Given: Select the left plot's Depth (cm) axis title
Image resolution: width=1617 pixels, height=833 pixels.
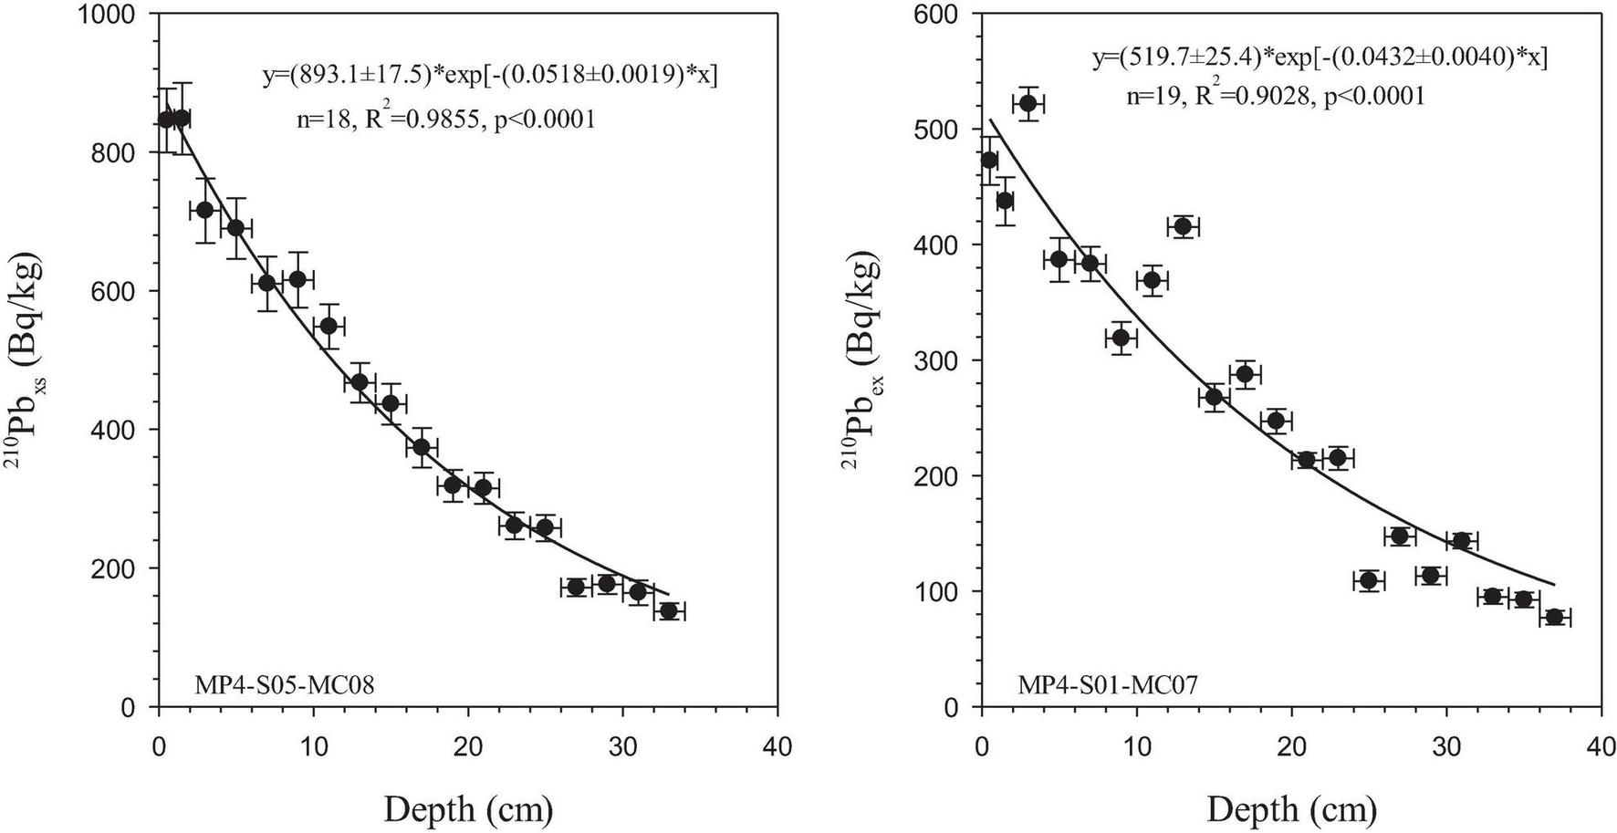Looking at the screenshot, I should [x=468, y=809].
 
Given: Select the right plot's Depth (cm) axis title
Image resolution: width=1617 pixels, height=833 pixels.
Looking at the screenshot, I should [x=1291, y=809].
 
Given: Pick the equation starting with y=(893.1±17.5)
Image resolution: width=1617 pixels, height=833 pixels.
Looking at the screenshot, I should [x=490, y=76].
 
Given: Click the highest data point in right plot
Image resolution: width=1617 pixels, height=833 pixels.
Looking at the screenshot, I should [x=1028, y=104].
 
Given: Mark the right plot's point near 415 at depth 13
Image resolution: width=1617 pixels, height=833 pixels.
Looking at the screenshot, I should [x=1184, y=227].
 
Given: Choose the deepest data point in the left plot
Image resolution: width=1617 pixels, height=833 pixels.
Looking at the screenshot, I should [x=669, y=611].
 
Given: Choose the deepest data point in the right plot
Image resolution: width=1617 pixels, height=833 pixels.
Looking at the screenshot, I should [x=1555, y=618].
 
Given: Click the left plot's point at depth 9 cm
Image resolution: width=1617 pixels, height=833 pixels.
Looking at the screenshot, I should [x=297, y=279].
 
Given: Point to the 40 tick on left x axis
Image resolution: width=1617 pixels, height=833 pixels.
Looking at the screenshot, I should [x=777, y=748].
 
